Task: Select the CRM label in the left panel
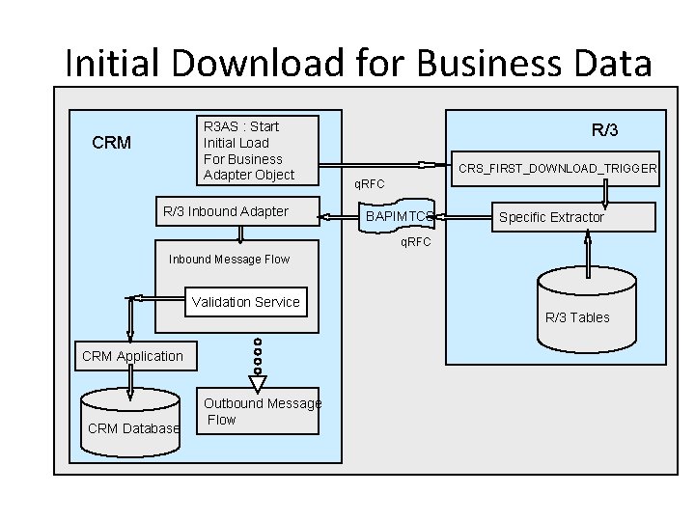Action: click(x=111, y=143)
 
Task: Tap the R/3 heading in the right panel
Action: click(x=605, y=129)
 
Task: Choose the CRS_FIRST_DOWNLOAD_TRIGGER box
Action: click(x=557, y=169)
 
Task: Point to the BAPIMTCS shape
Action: click(x=398, y=217)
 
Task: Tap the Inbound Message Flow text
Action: click(x=229, y=259)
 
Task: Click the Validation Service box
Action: click(x=245, y=302)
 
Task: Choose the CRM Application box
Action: click(x=132, y=356)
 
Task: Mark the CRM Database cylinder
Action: click(x=132, y=421)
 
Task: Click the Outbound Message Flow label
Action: click(x=262, y=411)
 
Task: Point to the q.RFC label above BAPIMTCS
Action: click(x=369, y=183)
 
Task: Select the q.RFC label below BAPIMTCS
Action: click(x=416, y=241)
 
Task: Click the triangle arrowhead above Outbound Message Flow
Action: click(x=257, y=383)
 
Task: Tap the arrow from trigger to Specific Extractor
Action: click(x=605, y=193)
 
